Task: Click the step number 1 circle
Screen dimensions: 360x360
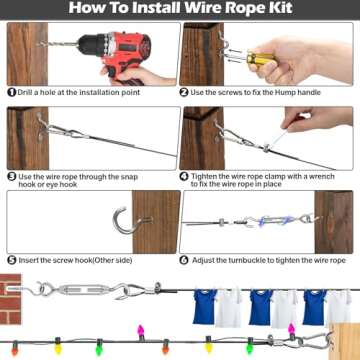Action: (10, 92)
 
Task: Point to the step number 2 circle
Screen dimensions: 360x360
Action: (184, 92)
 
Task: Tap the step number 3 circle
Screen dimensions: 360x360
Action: (10, 176)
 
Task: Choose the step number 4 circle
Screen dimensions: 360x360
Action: (184, 176)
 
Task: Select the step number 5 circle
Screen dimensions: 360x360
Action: (10, 259)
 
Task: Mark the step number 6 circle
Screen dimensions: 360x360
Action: (184, 259)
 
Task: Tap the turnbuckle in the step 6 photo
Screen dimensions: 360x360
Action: (269, 226)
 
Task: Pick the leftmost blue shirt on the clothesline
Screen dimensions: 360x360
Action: (206, 307)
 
